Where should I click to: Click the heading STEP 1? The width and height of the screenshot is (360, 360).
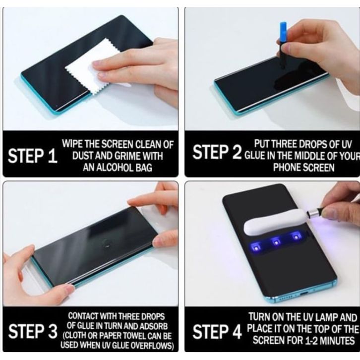pos(32,156)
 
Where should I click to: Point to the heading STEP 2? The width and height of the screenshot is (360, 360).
pos(217,152)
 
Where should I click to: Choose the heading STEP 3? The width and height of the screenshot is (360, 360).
pos(33,331)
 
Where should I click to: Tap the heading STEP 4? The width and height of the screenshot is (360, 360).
pos(217,332)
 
